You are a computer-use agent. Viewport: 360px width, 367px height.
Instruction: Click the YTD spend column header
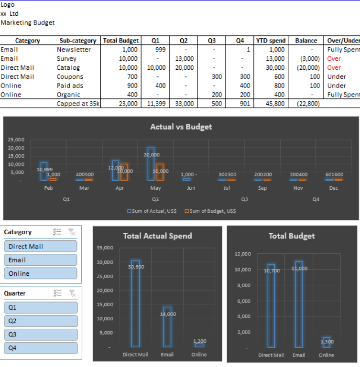tap(271, 41)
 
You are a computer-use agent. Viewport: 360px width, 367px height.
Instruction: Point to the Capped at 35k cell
tap(78, 104)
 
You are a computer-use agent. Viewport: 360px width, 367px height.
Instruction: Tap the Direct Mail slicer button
tap(41, 247)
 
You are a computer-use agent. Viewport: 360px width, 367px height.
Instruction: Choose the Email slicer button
tap(41, 260)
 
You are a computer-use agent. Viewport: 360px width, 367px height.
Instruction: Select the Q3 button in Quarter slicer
tap(41, 335)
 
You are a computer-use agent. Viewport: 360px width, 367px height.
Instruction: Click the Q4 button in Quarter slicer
tap(41, 348)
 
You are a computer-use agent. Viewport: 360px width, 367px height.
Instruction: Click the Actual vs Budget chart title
tap(181, 127)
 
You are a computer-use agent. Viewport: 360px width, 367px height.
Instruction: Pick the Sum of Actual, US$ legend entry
tap(152, 211)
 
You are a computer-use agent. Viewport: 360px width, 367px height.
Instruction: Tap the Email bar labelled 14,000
tap(167, 327)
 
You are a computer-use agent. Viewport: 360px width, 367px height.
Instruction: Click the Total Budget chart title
tap(292, 236)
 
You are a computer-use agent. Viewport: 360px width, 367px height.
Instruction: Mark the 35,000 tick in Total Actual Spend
tap(105, 248)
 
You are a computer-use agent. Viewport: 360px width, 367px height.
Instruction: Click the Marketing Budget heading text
tap(28, 22)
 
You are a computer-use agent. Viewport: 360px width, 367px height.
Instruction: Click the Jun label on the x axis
tap(191, 188)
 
